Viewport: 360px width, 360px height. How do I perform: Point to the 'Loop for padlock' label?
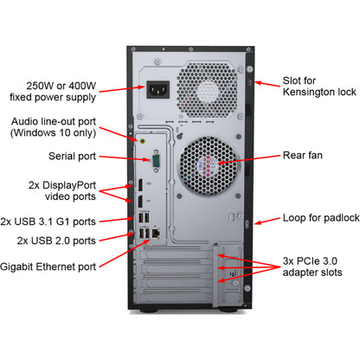317,218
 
